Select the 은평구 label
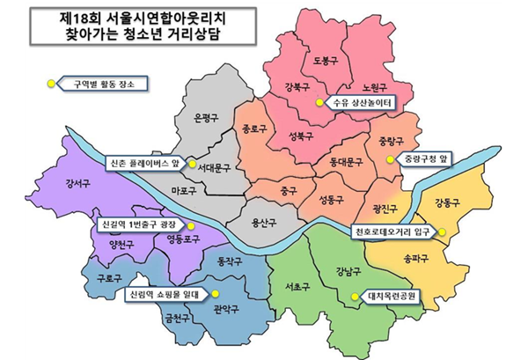(205, 118)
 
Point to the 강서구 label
(78, 184)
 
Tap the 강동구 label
(449, 203)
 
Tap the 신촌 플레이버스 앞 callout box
(145, 163)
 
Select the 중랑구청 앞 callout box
(427, 159)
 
